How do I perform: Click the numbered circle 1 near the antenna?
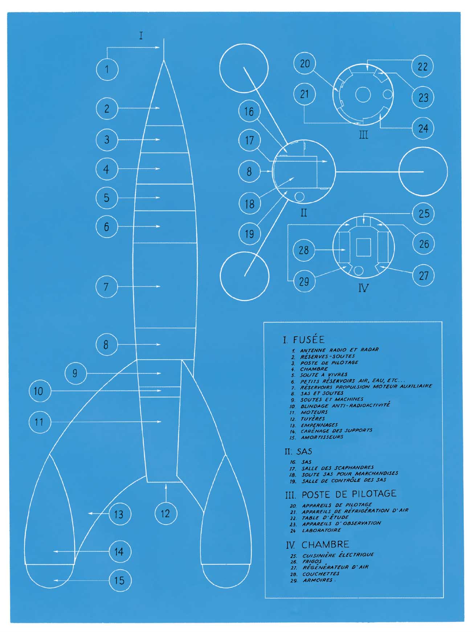(x=107, y=69)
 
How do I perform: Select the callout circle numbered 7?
(x=106, y=287)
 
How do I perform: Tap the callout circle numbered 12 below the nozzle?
(x=165, y=513)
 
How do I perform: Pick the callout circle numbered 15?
(x=120, y=580)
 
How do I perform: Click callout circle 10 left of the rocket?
(x=39, y=391)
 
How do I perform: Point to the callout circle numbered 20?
(x=305, y=64)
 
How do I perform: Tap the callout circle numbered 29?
(x=304, y=281)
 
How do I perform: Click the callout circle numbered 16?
(x=249, y=112)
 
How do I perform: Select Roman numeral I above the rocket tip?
(x=141, y=36)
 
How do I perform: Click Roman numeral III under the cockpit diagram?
(x=364, y=135)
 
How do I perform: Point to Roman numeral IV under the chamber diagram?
(x=363, y=288)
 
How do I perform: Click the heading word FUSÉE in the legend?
(x=308, y=340)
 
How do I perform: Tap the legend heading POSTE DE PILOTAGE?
(x=349, y=494)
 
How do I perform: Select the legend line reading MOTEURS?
(x=314, y=412)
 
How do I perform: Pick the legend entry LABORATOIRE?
(x=321, y=530)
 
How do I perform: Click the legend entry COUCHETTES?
(x=320, y=574)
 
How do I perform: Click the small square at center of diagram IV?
(x=363, y=248)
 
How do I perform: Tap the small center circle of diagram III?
(x=363, y=95)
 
